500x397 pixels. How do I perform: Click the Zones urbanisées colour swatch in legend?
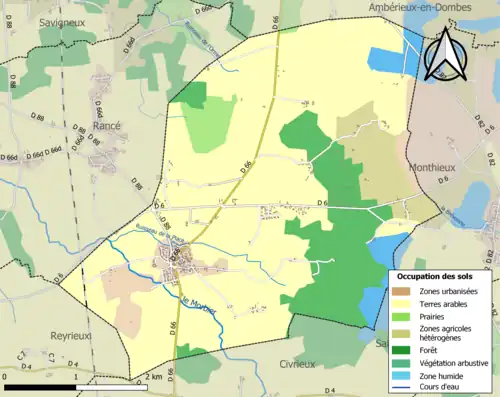(x=402, y=291)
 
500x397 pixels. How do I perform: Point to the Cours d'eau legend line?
(x=402, y=390)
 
